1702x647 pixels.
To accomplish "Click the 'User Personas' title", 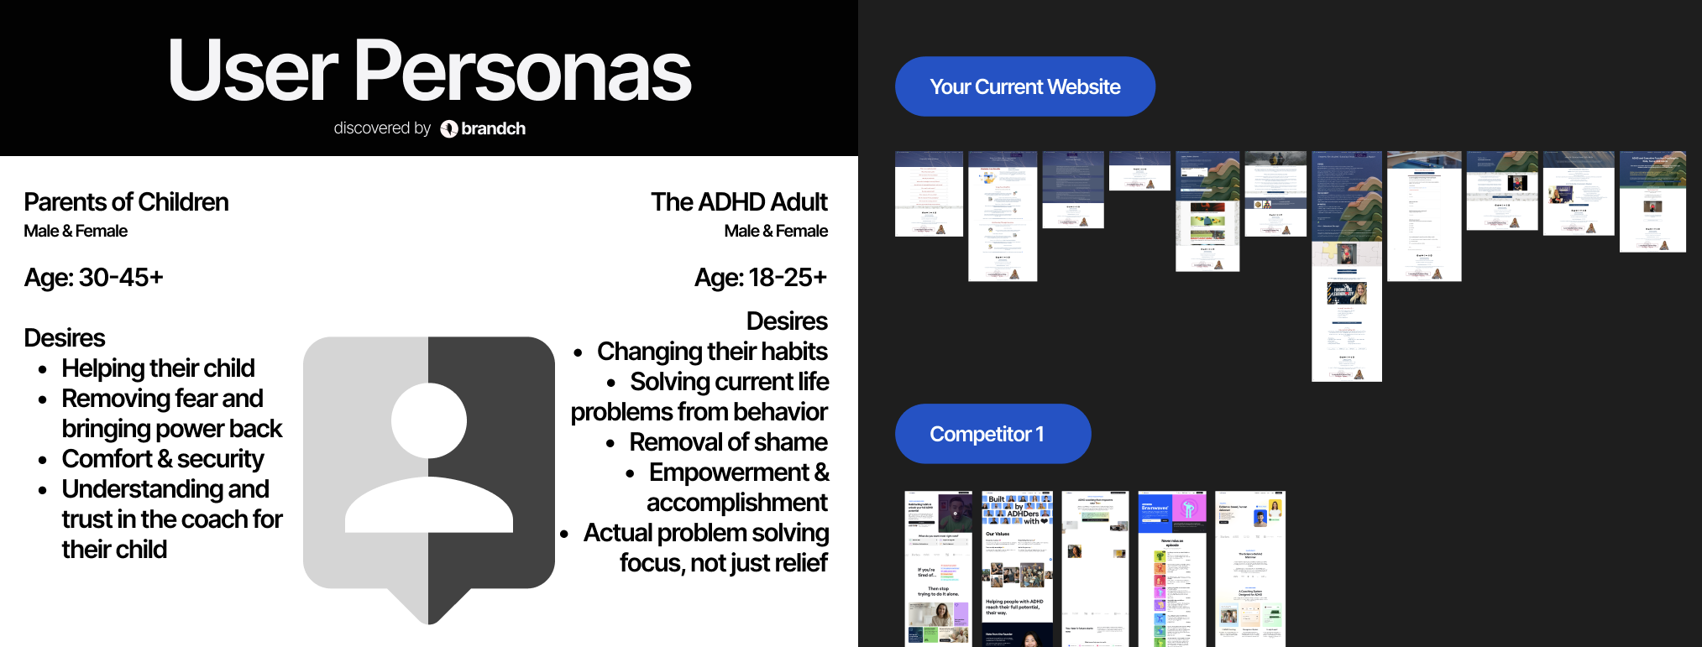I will pos(429,70).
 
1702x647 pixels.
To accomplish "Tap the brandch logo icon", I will pos(449,128).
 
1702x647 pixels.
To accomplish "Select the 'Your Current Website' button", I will pos(1024,86).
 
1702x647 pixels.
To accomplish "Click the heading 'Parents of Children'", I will pos(126,202).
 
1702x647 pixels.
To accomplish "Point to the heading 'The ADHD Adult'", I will pos(739,202).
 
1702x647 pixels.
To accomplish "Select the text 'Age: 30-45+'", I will pos(93,278).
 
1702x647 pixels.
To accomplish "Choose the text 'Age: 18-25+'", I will pos(760,278).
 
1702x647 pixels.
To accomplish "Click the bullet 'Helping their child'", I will pos(158,368).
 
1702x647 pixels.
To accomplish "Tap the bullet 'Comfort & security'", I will pos(162,459).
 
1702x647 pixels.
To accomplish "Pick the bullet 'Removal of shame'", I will pos(728,442).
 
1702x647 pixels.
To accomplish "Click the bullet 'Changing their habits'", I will pos(712,352).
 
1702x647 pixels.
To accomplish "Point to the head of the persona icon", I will pos(429,420).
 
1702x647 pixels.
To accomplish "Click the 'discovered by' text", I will pos(382,128).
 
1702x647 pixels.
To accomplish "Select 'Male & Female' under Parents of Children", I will pos(76,232).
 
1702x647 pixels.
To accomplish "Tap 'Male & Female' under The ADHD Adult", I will pos(776,232).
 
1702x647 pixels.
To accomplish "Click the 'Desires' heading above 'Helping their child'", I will pos(65,338).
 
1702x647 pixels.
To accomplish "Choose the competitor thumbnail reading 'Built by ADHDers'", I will pos(1017,568).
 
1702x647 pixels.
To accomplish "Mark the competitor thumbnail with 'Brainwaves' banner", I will pos(1171,568).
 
